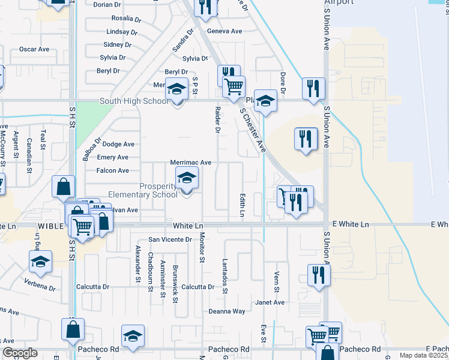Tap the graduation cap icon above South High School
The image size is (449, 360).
pos(176,89)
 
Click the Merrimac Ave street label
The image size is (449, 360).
pos(191,163)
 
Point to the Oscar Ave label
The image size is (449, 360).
pos(34,49)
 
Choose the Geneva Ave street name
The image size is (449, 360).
pos(224,31)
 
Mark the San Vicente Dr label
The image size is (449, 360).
pos(170,239)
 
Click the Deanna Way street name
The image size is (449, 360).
pos(227,311)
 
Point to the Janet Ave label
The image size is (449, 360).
pos(270,302)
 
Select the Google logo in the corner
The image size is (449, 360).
pos(20,353)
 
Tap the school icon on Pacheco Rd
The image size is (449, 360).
pos(133,337)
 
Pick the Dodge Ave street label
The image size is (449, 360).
pos(118,144)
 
